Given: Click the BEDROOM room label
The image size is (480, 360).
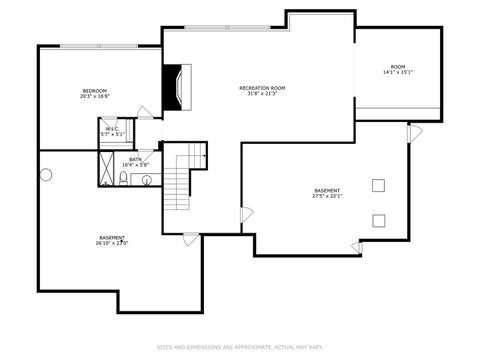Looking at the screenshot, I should tap(95, 91).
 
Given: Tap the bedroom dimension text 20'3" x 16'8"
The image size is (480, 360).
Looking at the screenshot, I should tap(95, 97).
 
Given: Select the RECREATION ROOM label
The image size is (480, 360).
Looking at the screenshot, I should tap(262, 88).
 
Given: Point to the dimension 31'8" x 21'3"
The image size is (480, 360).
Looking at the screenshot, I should tap(262, 94).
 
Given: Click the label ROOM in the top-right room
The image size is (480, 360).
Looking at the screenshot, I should tap(398, 66).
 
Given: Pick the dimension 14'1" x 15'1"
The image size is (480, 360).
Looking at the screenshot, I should tap(398, 72).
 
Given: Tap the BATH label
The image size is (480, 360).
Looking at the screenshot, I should tap(135, 159).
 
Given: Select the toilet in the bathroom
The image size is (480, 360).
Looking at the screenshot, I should tap(123, 179).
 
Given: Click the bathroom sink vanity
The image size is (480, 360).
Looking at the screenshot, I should tap(146, 180).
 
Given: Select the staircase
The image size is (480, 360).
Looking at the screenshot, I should tap(179, 186).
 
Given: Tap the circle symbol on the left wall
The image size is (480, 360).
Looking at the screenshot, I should tap(45, 175).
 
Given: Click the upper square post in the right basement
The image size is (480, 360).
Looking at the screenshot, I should tap(379, 184).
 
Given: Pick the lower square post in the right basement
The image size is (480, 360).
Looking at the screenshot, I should tap(379, 220).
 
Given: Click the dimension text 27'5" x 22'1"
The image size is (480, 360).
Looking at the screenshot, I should tap(327, 196).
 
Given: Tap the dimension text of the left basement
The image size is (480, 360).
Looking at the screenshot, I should tap(112, 243).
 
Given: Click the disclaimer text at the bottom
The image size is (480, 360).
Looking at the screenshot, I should tap(240, 348).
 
